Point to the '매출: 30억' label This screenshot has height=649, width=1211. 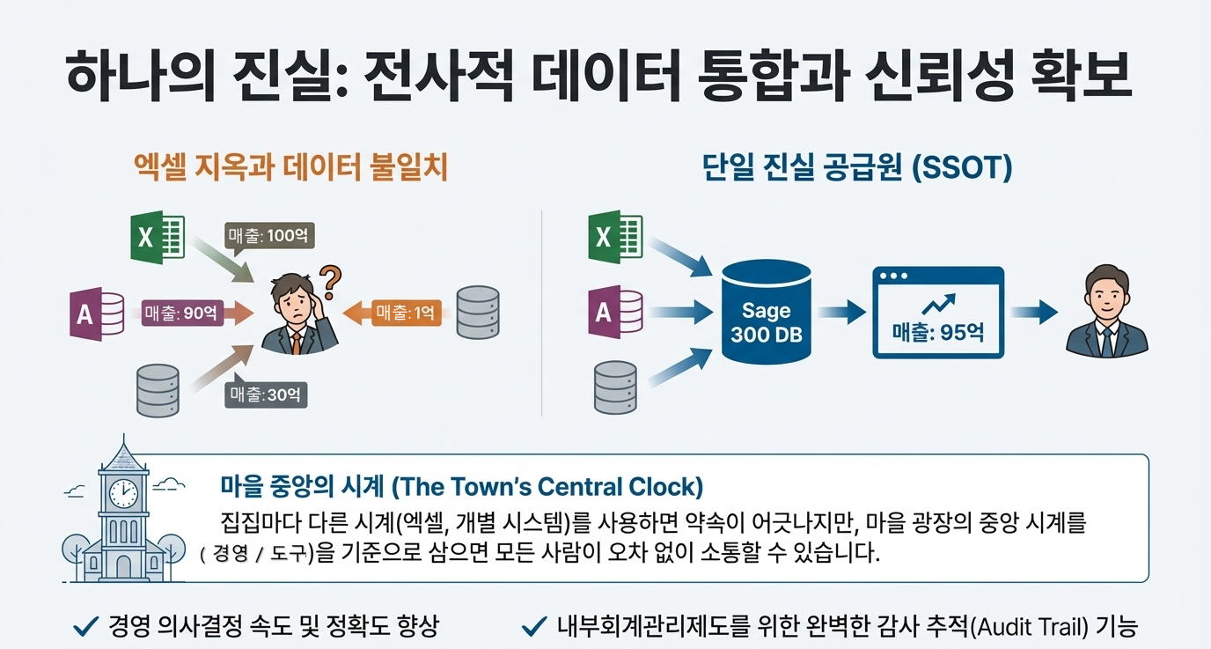point(267,395)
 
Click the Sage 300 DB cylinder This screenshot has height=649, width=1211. point(766,312)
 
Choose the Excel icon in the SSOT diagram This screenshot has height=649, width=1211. point(615,236)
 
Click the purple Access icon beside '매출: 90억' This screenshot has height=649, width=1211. point(96,313)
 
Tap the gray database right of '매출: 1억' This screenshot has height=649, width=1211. point(478,313)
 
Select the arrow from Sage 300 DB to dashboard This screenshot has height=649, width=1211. point(841,311)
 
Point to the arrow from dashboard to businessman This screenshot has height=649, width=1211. point(1033,311)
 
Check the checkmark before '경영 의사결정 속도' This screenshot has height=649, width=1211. point(84,627)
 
